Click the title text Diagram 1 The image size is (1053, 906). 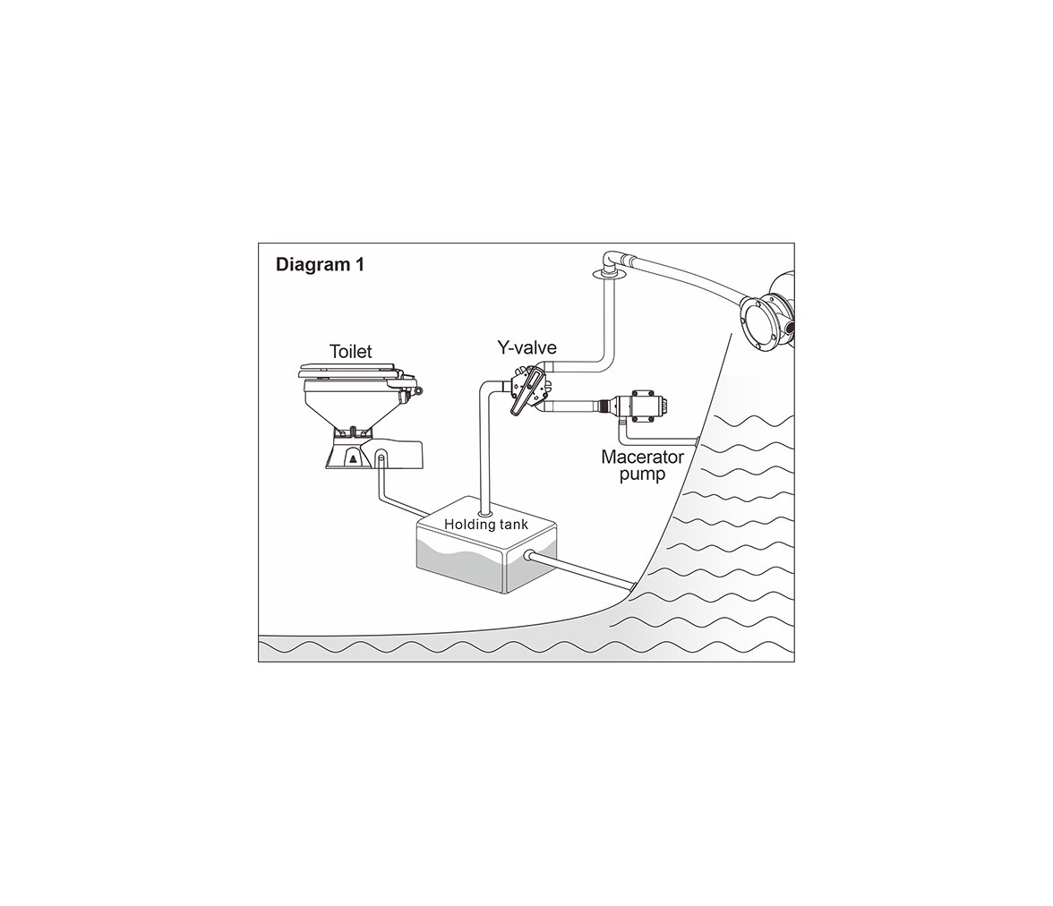320,265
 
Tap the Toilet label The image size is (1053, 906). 351,351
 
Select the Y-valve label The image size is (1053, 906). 526,347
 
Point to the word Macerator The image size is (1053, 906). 642,457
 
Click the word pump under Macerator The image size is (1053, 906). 642,474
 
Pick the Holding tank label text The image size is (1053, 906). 486,524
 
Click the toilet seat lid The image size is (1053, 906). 349,371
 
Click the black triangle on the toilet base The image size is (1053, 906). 352,459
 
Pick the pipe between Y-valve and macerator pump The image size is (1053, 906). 573,406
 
